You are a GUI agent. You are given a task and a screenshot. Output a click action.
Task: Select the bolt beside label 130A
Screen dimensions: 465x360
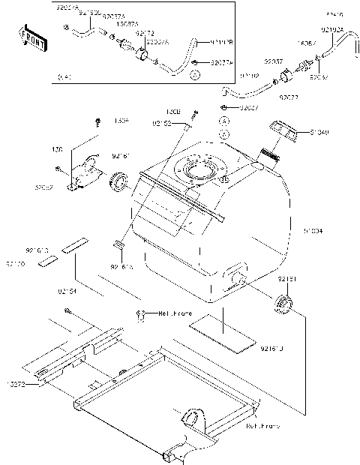click(97, 122)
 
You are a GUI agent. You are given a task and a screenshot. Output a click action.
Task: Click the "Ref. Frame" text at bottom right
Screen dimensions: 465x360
click(262, 426)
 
